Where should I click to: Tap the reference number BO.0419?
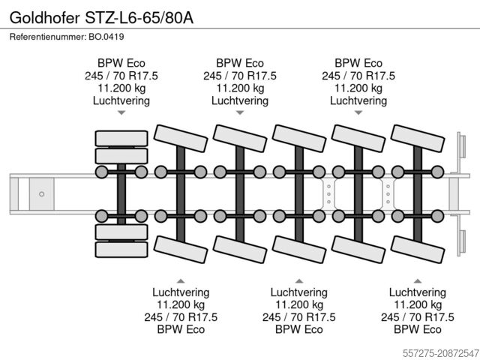(105, 37)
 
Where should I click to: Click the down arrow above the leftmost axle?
(121, 113)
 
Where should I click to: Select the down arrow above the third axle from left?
(239, 113)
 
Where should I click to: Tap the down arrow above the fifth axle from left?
(358, 113)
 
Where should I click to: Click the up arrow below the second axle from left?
(181, 279)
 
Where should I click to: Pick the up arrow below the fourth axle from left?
(299, 279)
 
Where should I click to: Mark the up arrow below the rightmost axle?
(418, 279)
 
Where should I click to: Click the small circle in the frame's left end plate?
(42, 193)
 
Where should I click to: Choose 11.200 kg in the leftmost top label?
(121, 88)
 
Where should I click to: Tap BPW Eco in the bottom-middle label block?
(299, 328)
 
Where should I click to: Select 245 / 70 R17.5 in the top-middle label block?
(239, 76)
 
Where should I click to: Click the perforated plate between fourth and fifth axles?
(328, 193)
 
